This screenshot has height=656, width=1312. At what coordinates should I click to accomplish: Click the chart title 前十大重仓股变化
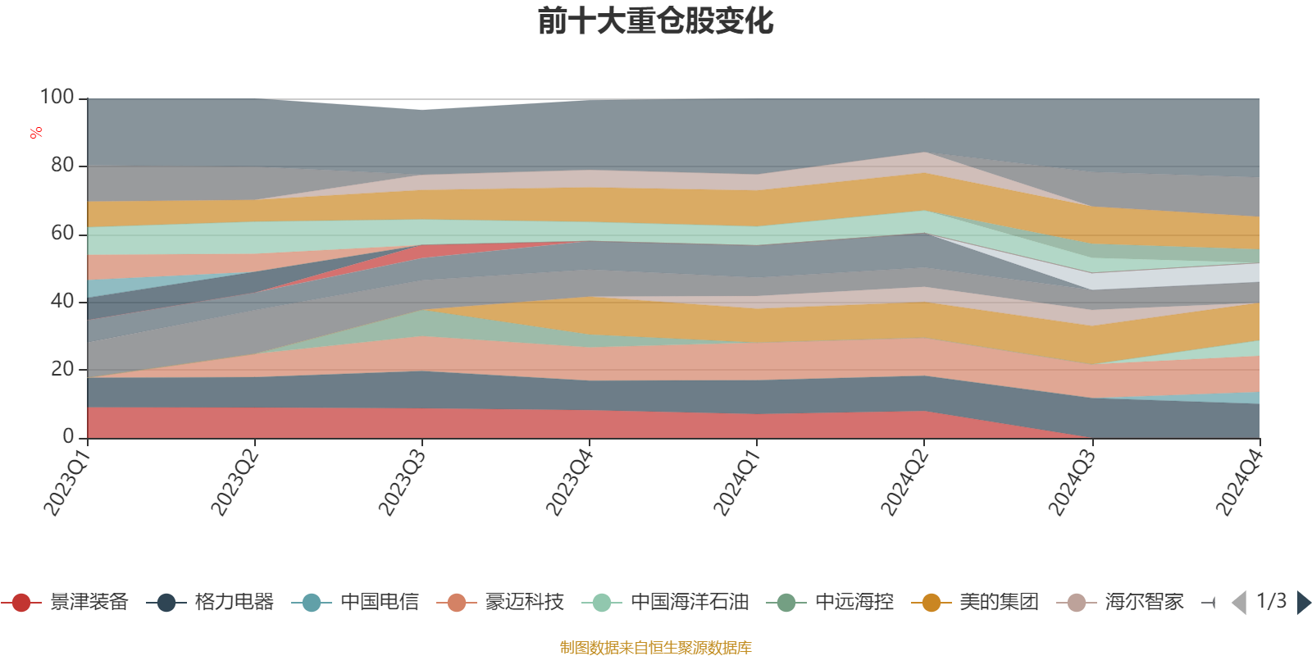[655, 21]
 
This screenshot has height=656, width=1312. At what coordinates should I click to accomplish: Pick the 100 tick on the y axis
[57, 97]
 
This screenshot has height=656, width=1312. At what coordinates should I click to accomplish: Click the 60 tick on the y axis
[62, 233]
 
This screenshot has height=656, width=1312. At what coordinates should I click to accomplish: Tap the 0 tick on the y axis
[68, 436]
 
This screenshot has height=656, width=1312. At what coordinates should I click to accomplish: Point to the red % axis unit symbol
[36, 133]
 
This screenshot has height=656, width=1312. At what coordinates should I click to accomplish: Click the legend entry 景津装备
[65, 602]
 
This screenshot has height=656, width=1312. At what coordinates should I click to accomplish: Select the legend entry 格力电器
[210, 602]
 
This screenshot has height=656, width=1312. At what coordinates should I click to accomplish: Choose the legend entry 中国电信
[355, 602]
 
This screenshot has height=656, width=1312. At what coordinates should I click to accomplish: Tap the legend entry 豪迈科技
[500, 602]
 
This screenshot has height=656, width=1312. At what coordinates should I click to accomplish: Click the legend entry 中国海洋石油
[665, 602]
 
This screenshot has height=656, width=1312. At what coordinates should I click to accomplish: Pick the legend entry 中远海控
[830, 602]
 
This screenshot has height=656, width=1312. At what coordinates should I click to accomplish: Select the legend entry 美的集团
[975, 602]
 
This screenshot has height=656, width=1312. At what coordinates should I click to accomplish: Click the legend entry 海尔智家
[1120, 602]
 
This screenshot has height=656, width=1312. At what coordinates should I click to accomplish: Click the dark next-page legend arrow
[1303, 602]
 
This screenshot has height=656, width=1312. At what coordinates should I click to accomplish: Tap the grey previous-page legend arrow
[1239, 602]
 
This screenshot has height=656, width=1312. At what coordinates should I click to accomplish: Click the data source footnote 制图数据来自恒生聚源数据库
[655, 647]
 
